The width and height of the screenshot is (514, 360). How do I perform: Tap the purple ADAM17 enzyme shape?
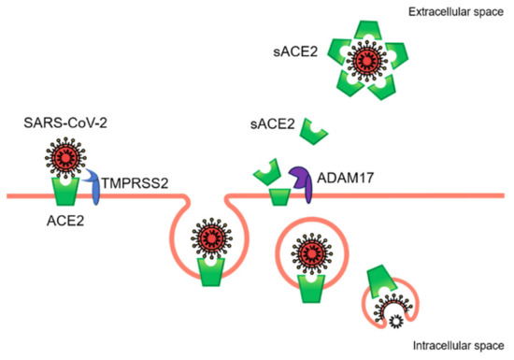coord(301,180)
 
